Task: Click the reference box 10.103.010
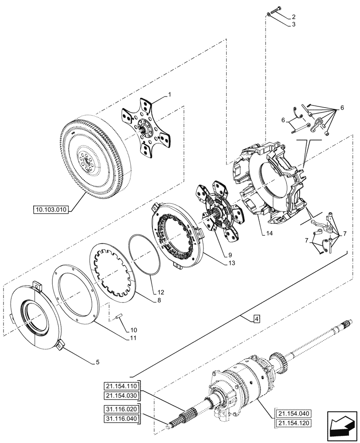[51, 209]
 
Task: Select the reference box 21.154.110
[122, 385]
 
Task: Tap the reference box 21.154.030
[122, 395]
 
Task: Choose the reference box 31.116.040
[122, 418]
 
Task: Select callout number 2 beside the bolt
[293, 17]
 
